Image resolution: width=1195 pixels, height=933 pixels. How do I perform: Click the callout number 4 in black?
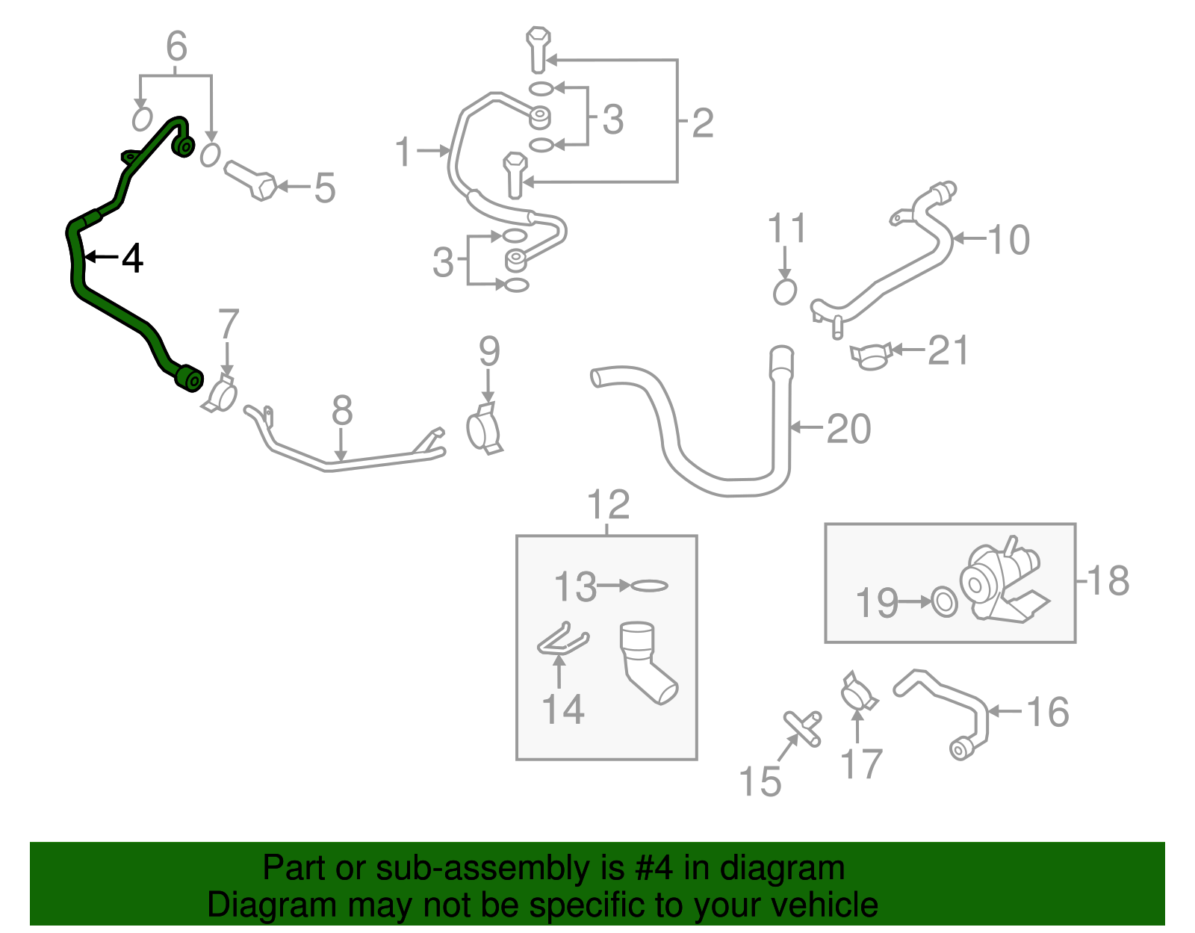pyautogui.click(x=132, y=258)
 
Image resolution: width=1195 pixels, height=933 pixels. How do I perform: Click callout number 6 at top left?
pyautogui.click(x=176, y=47)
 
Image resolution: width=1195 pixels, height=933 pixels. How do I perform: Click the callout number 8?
pyautogui.click(x=341, y=411)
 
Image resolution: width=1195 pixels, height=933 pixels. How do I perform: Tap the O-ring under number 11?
pyautogui.click(x=784, y=292)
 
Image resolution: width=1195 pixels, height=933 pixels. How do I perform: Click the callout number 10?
pyautogui.click(x=1009, y=240)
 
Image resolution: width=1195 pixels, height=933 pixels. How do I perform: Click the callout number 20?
pyautogui.click(x=849, y=430)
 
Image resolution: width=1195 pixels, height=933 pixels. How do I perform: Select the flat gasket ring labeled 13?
pyautogui.click(x=649, y=586)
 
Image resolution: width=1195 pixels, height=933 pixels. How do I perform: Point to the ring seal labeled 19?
pyautogui.click(x=945, y=602)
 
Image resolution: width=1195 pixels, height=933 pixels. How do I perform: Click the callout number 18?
pyautogui.click(x=1108, y=581)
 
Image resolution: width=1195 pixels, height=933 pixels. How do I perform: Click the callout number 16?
pyautogui.click(x=1049, y=713)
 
